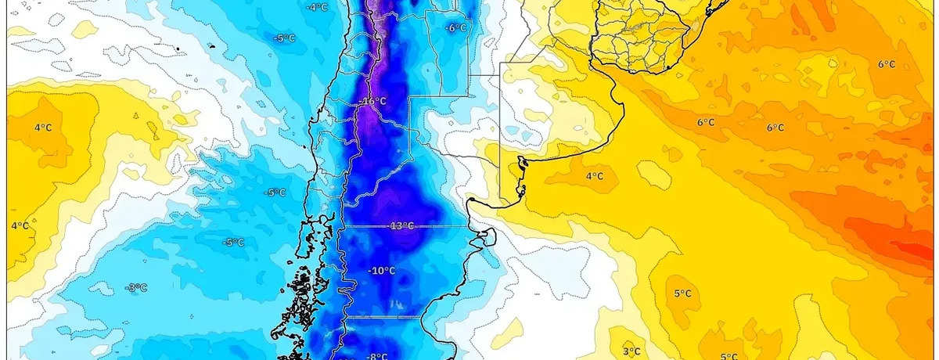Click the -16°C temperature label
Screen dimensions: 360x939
373,102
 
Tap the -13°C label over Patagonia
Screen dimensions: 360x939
401,226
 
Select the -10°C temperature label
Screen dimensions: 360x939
382,271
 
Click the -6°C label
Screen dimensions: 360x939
455,28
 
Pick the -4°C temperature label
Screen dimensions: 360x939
316,7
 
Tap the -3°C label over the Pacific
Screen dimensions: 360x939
135,288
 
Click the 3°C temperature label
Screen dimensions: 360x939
632,351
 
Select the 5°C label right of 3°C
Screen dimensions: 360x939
728,357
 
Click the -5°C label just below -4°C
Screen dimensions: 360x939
283,38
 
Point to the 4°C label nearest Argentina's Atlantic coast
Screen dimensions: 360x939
594,177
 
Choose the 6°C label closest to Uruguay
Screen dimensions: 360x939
706,123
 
